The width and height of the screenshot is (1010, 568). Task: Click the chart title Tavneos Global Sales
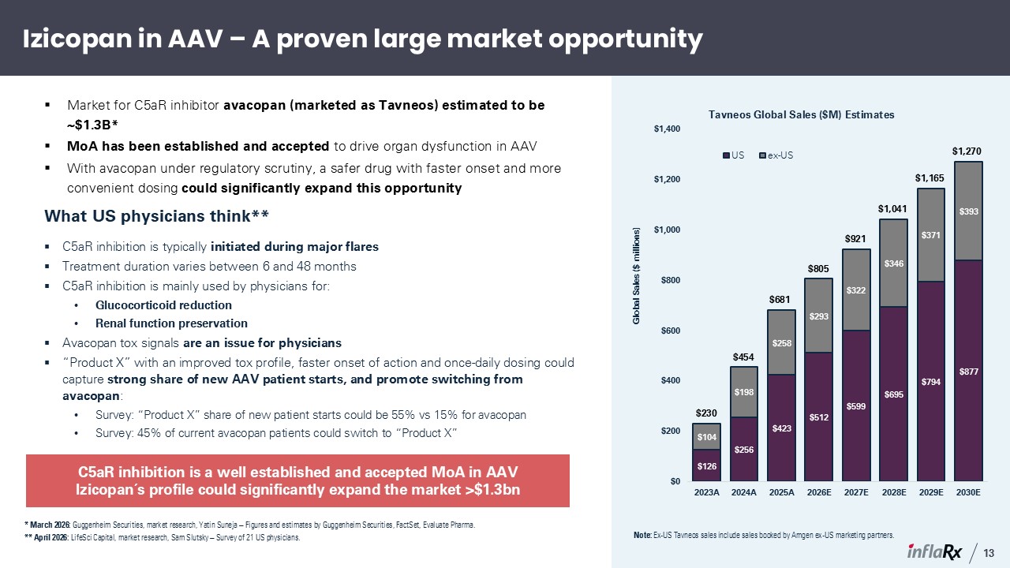[x=801, y=115]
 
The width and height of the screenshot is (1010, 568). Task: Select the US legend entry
[x=733, y=155]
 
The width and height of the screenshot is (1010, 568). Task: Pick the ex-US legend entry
[x=776, y=155]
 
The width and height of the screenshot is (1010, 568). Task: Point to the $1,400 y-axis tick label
[x=667, y=129]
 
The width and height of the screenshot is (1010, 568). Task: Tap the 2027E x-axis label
[x=856, y=492]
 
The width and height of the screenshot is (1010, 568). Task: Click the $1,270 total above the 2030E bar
[x=967, y=151]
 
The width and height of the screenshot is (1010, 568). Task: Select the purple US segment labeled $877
[x=968, y=370]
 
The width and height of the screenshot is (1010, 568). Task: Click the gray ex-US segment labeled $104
[x=706, y=436]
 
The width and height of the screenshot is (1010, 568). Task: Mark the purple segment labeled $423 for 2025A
[x=781, y=428]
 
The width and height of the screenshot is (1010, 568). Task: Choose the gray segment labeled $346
[x=893, y=263]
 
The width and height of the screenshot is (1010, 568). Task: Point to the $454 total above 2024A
[x=743, y=357]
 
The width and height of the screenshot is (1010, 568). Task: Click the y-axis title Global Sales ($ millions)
[x=636, y=276]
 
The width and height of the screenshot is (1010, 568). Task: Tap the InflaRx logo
[x=934, y=551]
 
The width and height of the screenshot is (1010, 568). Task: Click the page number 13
[x=989, y=553]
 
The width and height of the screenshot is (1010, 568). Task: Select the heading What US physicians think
[x=156, y=216]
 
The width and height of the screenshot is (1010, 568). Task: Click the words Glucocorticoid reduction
[x=163, y=305]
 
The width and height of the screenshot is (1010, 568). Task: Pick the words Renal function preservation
[x=171, y=323]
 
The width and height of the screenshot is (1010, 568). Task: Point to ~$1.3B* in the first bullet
[x=92, y=125]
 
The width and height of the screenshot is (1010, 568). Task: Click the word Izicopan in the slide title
[x=77, y=39]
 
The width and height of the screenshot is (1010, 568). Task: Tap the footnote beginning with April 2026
[x=163, y=538]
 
